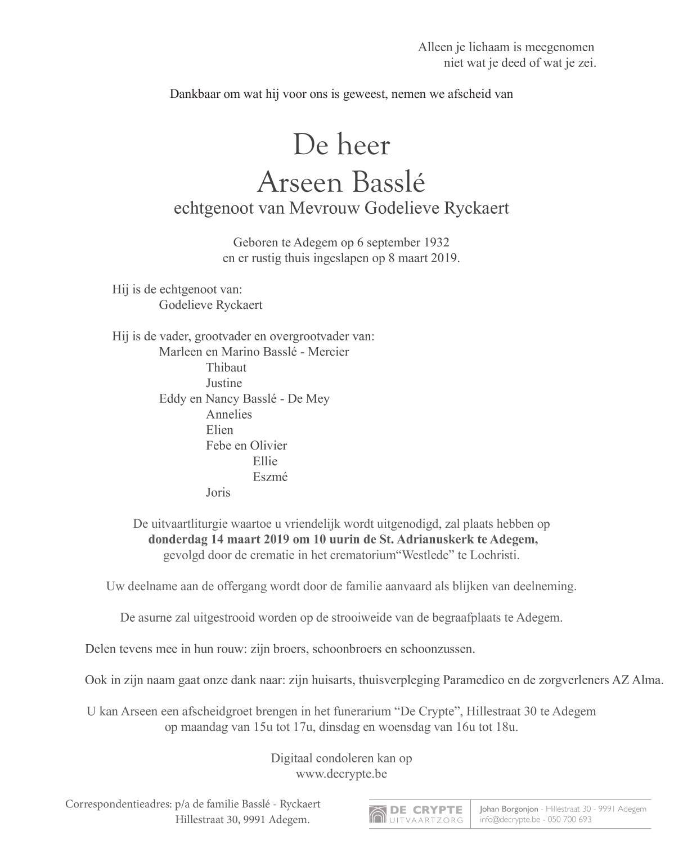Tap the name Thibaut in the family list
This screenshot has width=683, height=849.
coord(226,367)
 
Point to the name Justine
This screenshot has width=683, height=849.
coord(224,383)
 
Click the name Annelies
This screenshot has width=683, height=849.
coord(229,415)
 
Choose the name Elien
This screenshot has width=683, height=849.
coord(219,430)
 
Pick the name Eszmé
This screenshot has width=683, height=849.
coord(271,477)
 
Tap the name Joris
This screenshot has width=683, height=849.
coord(218,492)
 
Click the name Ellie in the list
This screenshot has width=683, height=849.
coord(266,461)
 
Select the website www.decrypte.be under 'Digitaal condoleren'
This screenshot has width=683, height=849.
coord(341,774)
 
